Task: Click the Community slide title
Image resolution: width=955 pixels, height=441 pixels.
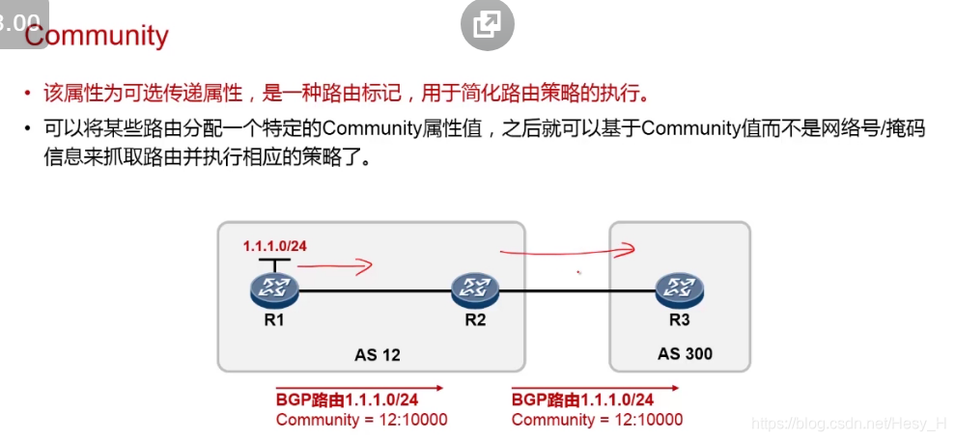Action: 97,36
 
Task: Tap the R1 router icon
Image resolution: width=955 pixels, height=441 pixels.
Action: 275,287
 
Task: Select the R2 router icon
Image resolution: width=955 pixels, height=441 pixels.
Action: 475,287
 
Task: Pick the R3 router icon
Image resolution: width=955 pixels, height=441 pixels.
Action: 680,287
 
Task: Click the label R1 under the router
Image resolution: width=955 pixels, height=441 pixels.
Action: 275,320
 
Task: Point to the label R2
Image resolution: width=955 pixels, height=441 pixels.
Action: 475,320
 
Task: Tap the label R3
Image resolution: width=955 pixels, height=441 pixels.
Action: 680,320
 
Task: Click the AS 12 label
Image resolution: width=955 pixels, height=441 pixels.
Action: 378,354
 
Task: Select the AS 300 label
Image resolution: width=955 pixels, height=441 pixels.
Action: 685,353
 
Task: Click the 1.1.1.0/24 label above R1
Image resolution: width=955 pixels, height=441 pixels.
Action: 275,246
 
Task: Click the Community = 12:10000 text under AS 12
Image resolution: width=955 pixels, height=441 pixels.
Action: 361,420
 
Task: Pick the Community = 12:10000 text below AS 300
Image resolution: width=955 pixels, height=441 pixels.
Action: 597,420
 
